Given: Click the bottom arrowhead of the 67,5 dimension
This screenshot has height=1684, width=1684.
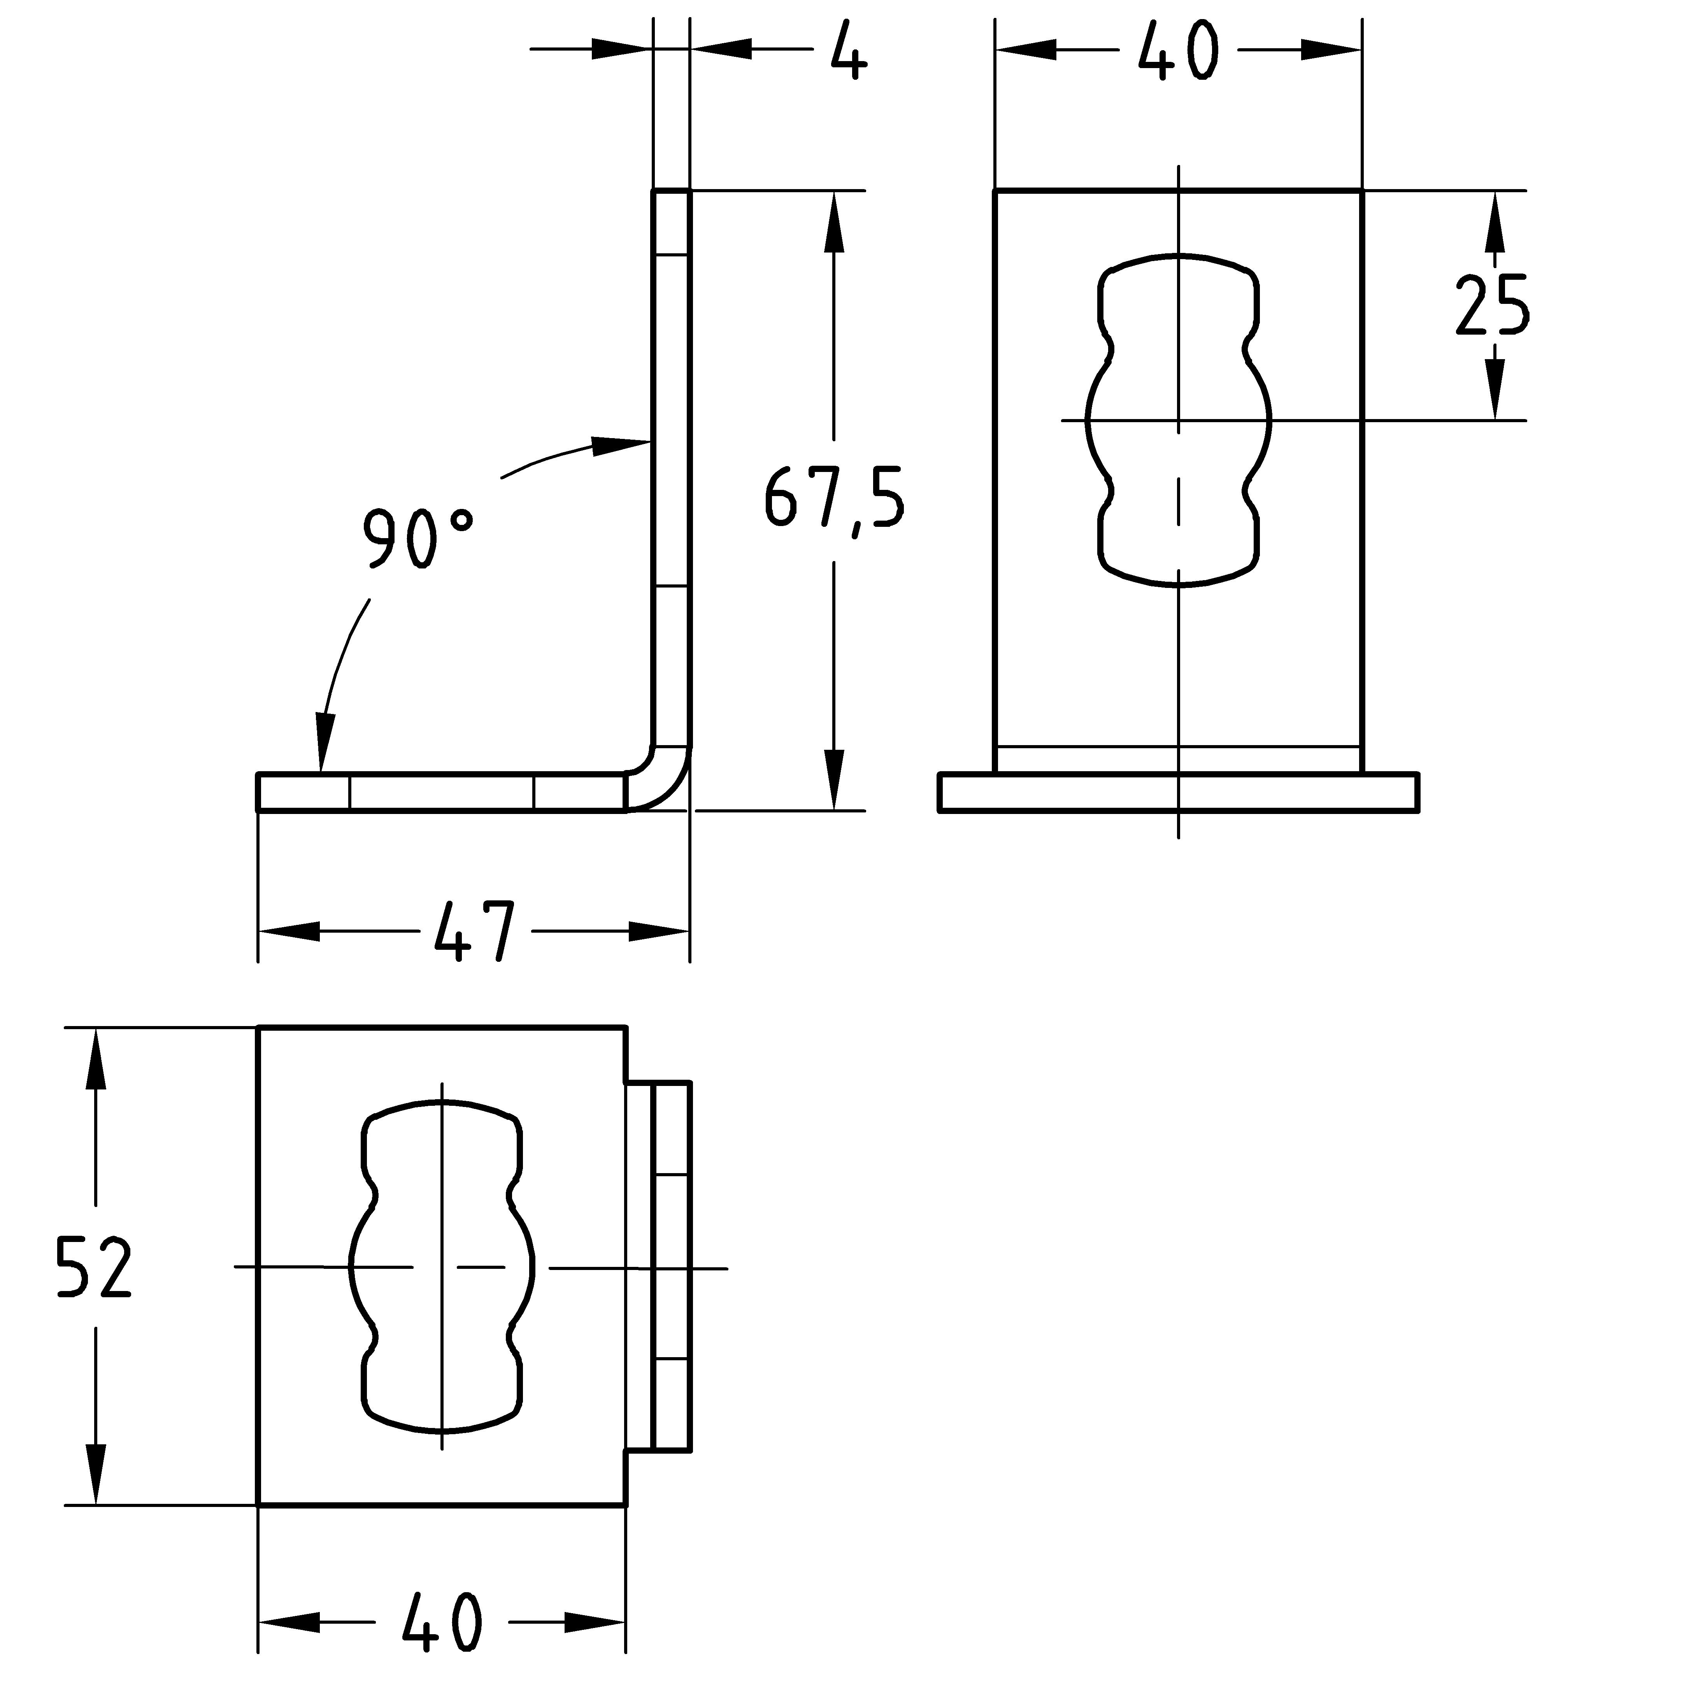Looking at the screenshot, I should [834, 778].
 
